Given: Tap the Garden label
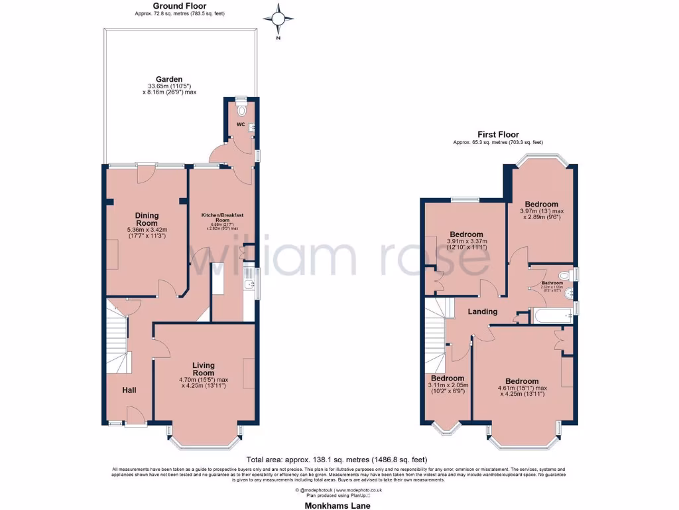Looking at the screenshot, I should click(x=169, y=79).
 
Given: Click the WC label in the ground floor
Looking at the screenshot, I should click(x=241, y=123).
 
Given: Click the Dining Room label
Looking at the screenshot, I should click(x=147, y=219).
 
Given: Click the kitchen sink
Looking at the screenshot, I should click(x=248, y=286).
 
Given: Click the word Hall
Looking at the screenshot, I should click(x=129, y=390).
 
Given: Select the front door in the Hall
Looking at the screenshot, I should click(x=136, y=418).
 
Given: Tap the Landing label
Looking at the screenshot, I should click(x=482, y=311).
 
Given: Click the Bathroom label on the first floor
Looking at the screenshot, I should click(x=552, y=283).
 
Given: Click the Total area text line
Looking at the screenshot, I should click(x=336, y=460).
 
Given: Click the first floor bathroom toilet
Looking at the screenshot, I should click(x=565, y=275).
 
